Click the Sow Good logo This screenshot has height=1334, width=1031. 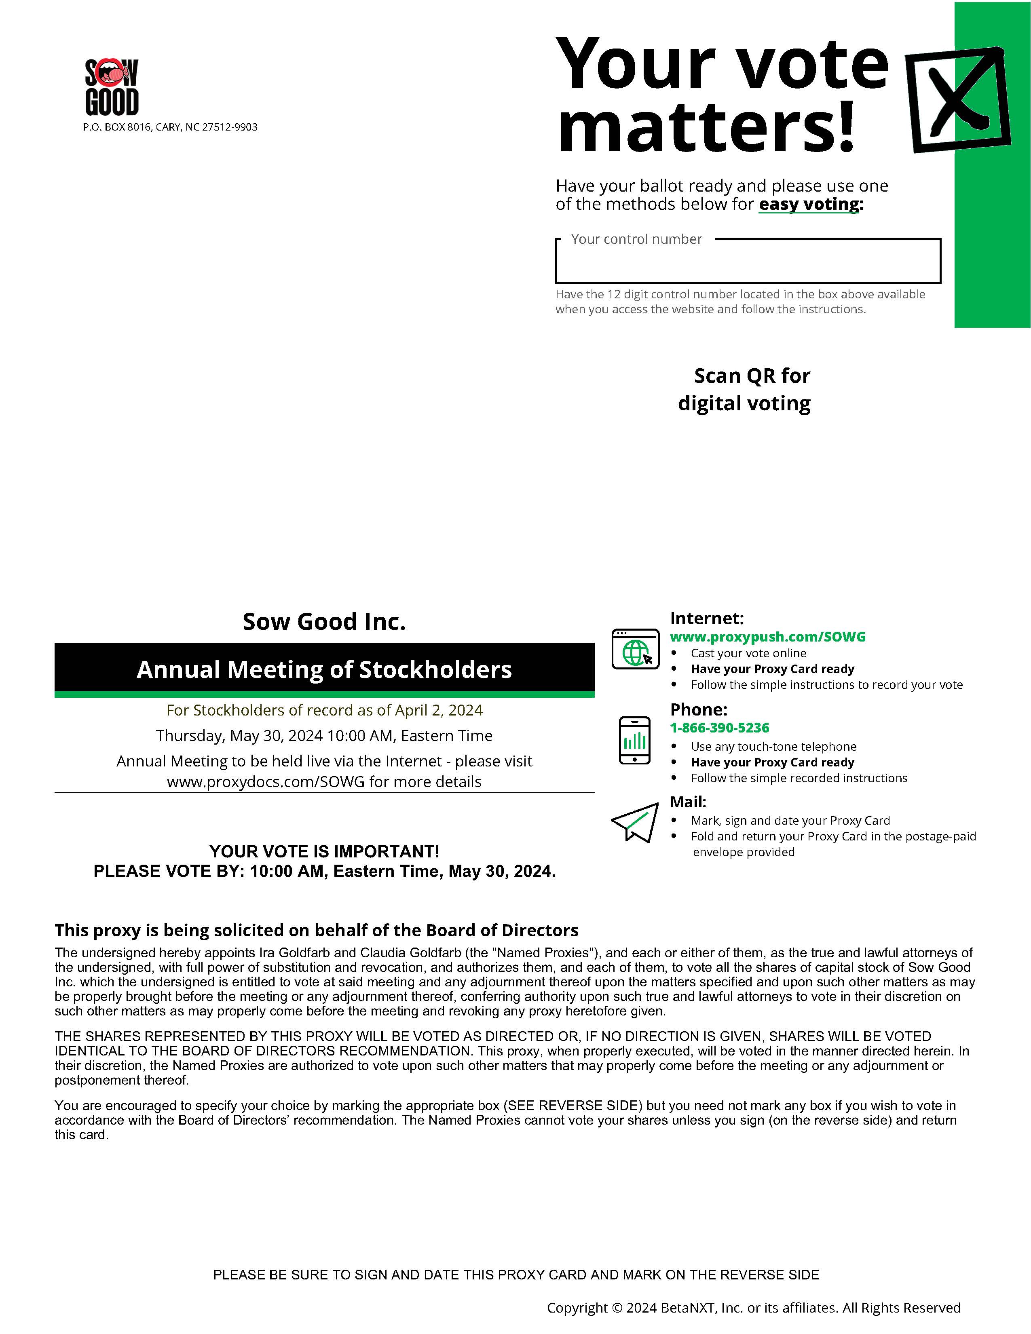click(x=112, y=87)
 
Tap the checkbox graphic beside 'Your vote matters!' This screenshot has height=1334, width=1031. click(x=957, y=99)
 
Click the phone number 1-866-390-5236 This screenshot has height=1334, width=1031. click(x=720, y=728)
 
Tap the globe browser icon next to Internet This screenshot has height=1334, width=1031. click(x=635, y=649)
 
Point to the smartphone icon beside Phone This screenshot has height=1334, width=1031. click(x=635, y=740)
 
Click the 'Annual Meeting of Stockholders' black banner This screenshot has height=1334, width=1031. click(x=324, y=669)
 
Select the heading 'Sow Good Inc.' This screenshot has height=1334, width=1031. click(x=324, y=622)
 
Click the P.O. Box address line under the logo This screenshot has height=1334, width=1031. click(x=170, y=127)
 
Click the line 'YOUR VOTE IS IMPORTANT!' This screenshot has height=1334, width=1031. click(x=324, y=851)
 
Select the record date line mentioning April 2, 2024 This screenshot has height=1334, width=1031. click(x=324, y=710)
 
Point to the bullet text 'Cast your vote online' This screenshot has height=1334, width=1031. click(x=748, y=653)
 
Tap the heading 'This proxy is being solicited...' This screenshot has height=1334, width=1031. click(x=317, y=930)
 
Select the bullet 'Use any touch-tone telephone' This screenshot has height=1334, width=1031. click(x=773, y=746)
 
